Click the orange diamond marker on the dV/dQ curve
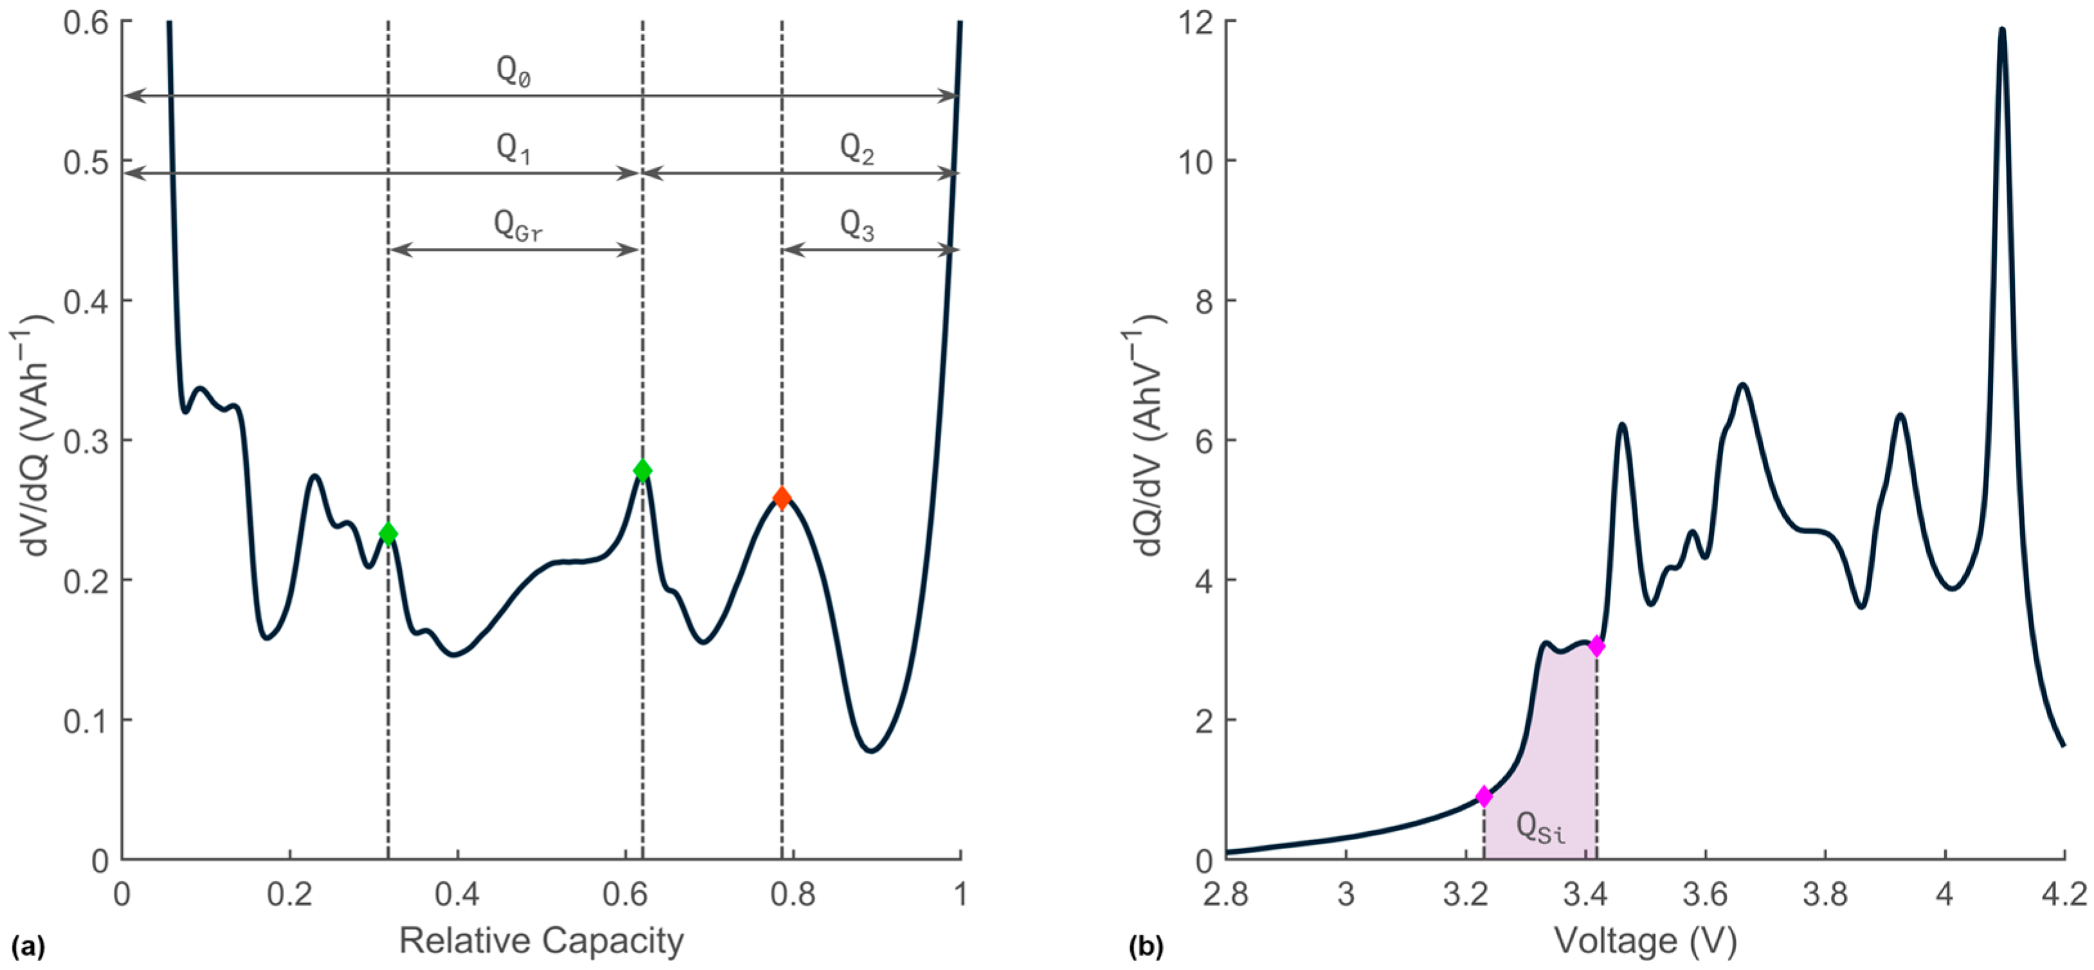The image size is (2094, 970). point(781,498)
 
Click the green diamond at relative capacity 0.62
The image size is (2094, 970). point(642,471)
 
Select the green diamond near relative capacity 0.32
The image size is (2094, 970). point(388,534)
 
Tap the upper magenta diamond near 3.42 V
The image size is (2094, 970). point(1596,647)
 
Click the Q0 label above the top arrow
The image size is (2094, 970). point(514,73)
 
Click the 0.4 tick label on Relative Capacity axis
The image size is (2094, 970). point(457,894)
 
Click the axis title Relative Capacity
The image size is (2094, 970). point(541,940)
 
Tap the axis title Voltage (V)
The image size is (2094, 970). point(1645,940)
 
